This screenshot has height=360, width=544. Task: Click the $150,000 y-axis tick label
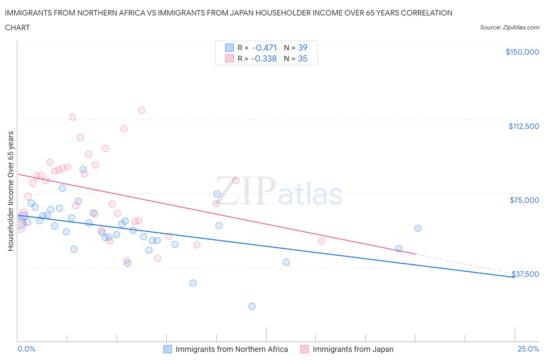click(522, 52)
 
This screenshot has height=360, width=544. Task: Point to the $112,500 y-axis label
click(523, 126)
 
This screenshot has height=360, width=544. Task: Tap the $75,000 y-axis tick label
click(524, 200)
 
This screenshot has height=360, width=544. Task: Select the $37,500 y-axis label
click(525, 274)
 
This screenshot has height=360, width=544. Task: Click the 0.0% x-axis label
click(26, 349)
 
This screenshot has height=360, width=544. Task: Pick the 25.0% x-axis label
click(528, 349)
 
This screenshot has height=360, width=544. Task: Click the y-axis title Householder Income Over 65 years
click(11, 191)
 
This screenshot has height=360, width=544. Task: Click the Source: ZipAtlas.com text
click(509, 27)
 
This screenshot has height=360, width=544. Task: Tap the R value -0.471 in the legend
click(264, 48)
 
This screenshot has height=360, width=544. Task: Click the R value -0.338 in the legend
click(264, 58)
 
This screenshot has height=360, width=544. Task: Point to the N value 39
click(303, 48)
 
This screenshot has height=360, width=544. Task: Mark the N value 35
click(303, 58)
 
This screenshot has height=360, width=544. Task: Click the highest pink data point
click(142, 110)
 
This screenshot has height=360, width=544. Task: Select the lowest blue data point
click(252, 306)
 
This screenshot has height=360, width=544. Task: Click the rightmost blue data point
click(418, 228)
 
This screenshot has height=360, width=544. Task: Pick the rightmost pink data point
click(322, 241)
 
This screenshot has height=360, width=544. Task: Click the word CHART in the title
click(17, 27)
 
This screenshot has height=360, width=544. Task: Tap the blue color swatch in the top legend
click(230, 48)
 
